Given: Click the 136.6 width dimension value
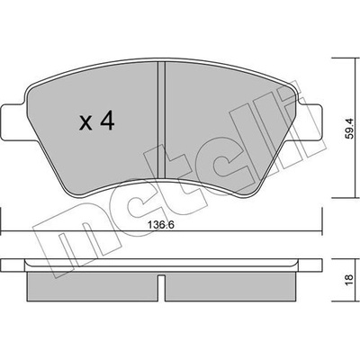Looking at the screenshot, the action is (x=161, y=225).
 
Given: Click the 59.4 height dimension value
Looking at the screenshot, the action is (x=349, y=129).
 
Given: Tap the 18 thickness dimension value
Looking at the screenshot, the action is (x=349, y=280).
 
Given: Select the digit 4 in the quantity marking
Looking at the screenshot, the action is (x=107, y=121).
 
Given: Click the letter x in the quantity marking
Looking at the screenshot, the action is (x=85, y=123).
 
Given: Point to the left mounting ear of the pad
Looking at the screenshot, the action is (x=13, y=121).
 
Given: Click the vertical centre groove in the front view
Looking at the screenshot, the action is (x=162, y=120).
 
